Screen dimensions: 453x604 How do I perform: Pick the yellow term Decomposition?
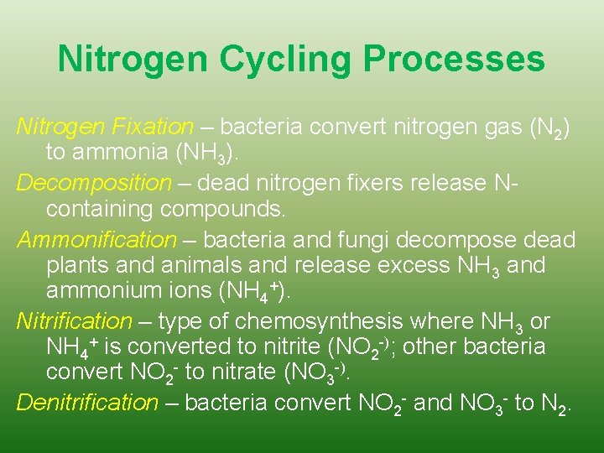coord(93,182)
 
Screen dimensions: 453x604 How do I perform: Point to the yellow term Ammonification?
coord(97,240)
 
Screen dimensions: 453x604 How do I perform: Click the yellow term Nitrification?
coord(75,321)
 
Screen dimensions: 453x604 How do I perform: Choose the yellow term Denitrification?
coord(87,403)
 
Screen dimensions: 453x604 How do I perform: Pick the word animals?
coord(205,266)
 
